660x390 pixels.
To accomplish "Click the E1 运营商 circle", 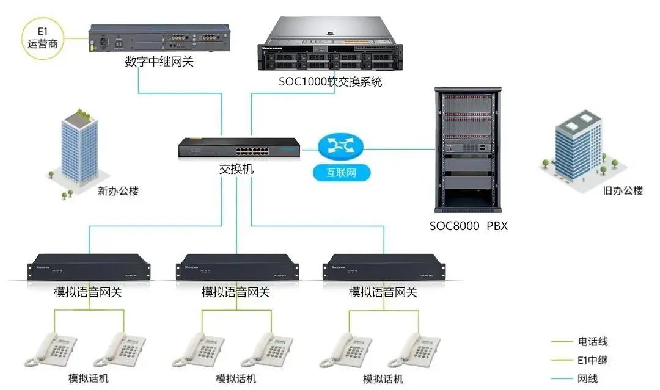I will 42,37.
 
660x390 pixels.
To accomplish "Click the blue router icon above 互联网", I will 340,145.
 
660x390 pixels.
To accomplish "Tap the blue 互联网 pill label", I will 342,173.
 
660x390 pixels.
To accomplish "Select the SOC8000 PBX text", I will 468,226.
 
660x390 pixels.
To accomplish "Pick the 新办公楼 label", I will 119,191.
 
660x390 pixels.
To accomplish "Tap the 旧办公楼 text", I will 623,191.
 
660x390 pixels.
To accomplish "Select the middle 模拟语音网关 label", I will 236,292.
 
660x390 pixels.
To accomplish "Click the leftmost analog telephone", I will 54,350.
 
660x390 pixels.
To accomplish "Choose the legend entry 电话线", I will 592,342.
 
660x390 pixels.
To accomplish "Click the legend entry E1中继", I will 592,360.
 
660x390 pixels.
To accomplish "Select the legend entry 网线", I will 587,379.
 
